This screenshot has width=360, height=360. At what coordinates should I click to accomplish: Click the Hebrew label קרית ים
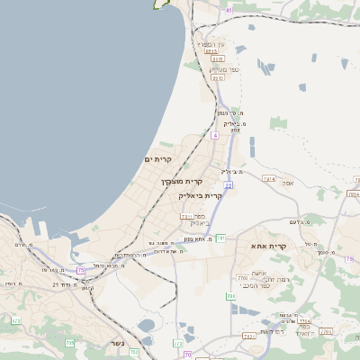coord(157,159)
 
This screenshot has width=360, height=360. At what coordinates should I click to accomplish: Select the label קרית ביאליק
coord(200,195)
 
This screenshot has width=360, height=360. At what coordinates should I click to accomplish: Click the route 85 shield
coord(229,10)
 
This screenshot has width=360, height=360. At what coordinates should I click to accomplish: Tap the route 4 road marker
coord(215,135)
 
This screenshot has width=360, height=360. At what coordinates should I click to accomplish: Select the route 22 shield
coord(229,185)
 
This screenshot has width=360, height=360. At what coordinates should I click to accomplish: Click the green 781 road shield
coord(220,238)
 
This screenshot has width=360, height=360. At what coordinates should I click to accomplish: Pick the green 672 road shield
coord(15,320)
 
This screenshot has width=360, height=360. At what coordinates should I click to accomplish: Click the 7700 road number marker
coord(242,280)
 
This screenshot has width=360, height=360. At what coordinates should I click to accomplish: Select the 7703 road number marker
coord(325,332)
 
